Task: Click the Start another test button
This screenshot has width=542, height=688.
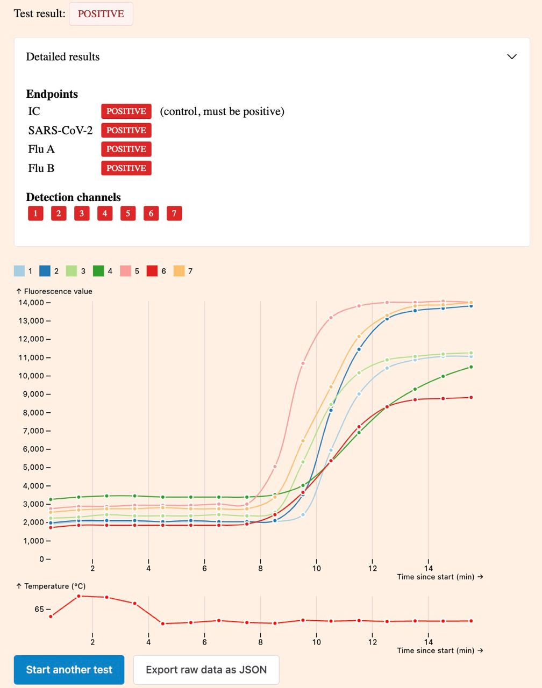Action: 69,670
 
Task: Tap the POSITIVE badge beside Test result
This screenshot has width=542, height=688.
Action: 101,14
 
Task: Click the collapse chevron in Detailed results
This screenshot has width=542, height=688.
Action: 512,56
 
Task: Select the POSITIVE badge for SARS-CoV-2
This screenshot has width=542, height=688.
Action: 126,130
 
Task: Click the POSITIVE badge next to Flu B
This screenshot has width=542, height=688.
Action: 126,168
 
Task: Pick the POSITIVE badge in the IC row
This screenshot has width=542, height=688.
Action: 126,111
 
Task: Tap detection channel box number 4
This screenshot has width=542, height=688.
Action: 105,213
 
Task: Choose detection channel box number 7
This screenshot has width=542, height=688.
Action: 174,213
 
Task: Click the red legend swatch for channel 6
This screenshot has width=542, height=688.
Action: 152,271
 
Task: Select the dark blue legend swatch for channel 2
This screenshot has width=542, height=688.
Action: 45,271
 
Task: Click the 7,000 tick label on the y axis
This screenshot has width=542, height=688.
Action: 33,431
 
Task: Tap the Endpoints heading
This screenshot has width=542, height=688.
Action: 52,94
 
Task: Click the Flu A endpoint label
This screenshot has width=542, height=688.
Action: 41,149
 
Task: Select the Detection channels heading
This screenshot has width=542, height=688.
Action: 73,197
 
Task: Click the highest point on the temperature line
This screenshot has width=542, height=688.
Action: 79,596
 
